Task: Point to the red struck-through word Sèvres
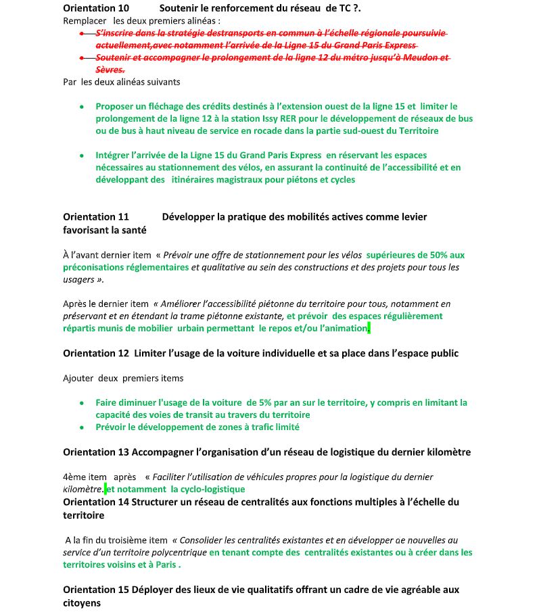click(110, 70)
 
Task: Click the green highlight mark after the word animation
click(369, 329)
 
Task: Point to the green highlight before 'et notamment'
click(106, 489)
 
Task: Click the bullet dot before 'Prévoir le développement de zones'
click(81, 427)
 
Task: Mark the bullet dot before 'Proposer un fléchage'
click(81, 106)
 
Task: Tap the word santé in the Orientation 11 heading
click(132, 230)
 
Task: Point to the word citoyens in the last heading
click(82, 603)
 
